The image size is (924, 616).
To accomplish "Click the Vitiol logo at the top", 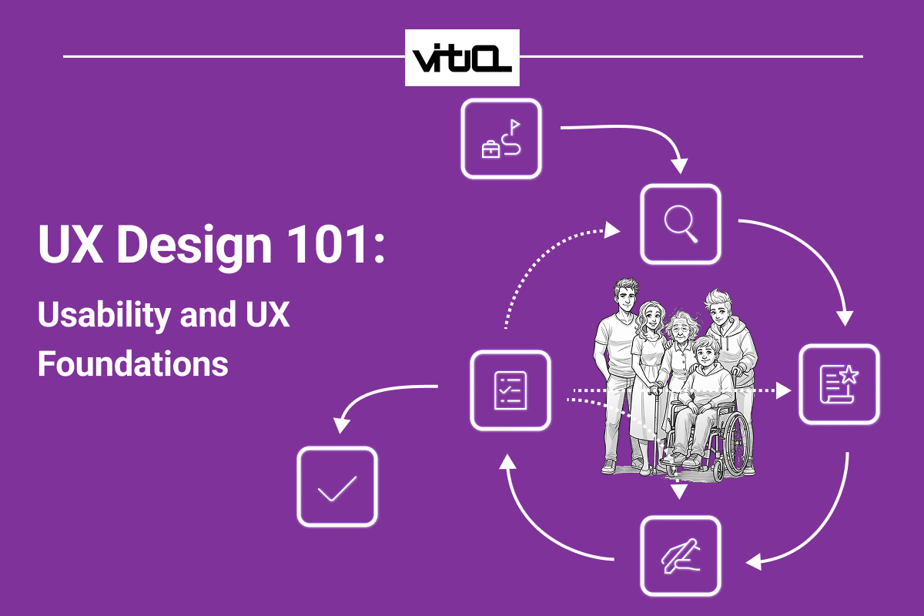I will coord(462,58).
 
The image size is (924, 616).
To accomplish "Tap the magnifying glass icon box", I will coord(681,224).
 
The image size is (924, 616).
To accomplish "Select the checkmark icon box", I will coord(337,487).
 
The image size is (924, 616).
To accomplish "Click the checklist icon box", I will coord(510,390).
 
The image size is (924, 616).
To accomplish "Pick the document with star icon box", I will coord(839,384).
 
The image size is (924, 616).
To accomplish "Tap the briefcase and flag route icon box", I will coord(501,139).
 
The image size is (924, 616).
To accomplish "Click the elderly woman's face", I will coord(680,329).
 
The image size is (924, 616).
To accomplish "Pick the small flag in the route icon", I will coord(515,123).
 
